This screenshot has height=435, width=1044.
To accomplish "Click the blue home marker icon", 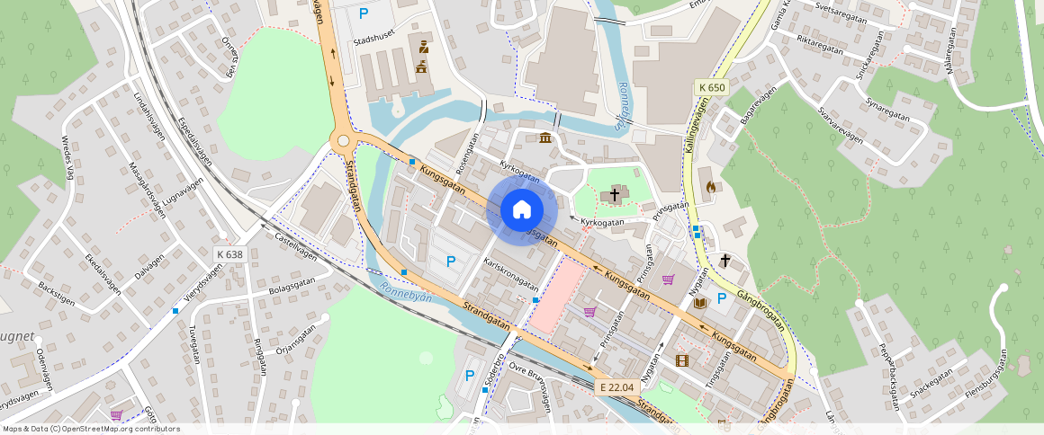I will pyautogui.click(x=521, y=209).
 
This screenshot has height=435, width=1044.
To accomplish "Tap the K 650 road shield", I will pyautogui.click(x=711, y=87).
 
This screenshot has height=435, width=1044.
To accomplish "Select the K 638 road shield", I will pyautogui.click(x=229, y=254).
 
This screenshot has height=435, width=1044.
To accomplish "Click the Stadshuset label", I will pyautogui.click(x=375, y=40).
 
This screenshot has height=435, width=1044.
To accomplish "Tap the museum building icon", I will pyautogui.click(x=546, y=137).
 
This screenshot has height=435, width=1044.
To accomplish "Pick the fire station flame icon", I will pyautogui.click(x=710, y=187).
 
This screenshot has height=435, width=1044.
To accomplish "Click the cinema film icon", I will pyautogui.click(x=681, y=360).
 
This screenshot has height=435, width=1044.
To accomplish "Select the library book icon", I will pyautogui.click(x=700, y=303).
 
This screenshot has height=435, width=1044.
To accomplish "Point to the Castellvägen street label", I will pyautogui.click(x=296, y=242).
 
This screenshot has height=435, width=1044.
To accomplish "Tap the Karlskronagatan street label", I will pyautogui.click(x=510, y=274).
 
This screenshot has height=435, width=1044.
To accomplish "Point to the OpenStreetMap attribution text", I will pyautogui.click(x=91, y=429).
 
